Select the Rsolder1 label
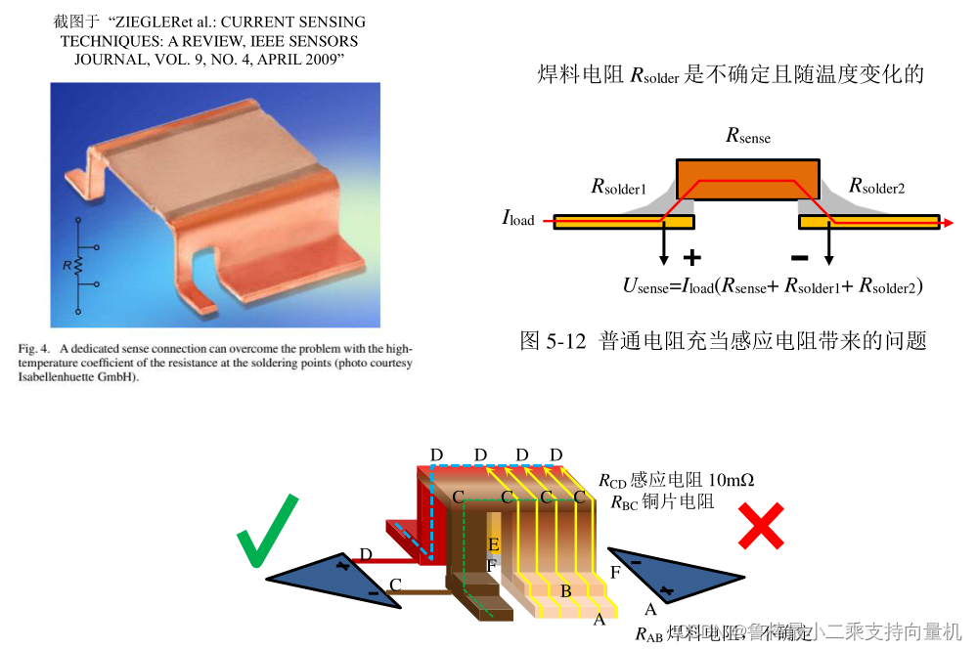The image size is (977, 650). pos(618,186)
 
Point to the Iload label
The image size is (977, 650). pos(518,218)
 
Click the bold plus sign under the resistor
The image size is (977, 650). pos(692,258)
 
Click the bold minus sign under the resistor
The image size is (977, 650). pos(799,258)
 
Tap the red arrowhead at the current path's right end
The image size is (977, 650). pos(946,222)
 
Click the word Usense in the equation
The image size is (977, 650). pos(644,285)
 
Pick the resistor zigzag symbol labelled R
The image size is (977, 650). pos(79,265)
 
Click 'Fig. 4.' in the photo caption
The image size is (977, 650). pos(34,348)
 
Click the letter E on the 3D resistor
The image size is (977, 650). pos(494,543)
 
